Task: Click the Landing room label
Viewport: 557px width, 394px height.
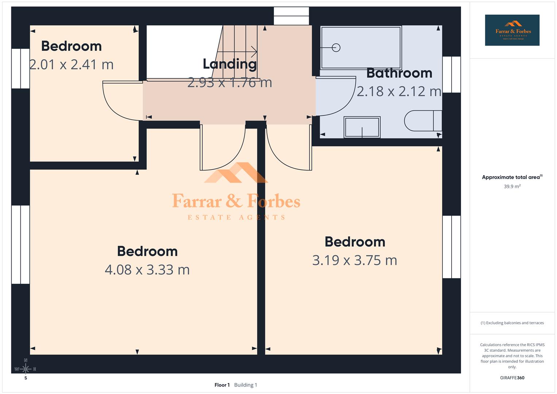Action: pos(229,64)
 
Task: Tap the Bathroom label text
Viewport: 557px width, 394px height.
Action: pos(399,73)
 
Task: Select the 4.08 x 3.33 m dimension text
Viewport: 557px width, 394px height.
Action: pos(147,270)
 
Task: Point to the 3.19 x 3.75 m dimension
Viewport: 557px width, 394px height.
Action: pos(355,260)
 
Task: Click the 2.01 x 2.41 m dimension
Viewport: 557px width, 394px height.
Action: pos(71,65)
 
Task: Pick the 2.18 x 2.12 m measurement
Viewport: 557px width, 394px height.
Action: pos(399,91)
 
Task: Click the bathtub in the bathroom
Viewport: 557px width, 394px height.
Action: pos(361,47)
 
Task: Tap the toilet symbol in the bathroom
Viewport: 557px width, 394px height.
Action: pos(423,121)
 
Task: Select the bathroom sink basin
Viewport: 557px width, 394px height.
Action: pos(362,127)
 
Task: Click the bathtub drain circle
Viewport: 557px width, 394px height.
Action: pos(336,48)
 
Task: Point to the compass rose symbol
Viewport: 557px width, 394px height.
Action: pos(26,369)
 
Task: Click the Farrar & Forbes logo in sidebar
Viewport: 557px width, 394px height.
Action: pos(512,30)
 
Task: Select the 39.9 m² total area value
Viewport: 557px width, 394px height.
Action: pos(512,186)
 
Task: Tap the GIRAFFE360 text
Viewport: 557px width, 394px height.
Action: pos(512,378)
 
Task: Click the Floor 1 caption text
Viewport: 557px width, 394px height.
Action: pos(222,385)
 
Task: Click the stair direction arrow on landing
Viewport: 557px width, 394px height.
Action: pos(252,51)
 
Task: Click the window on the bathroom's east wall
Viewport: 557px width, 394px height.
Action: pos(452,74)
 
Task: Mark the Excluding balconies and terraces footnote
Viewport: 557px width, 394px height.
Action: pos(512,323)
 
